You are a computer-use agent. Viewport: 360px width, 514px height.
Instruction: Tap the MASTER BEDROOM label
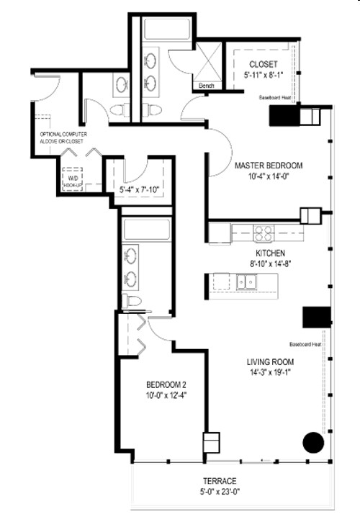point(269,166)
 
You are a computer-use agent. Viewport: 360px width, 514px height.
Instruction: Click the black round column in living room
point(313,442)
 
